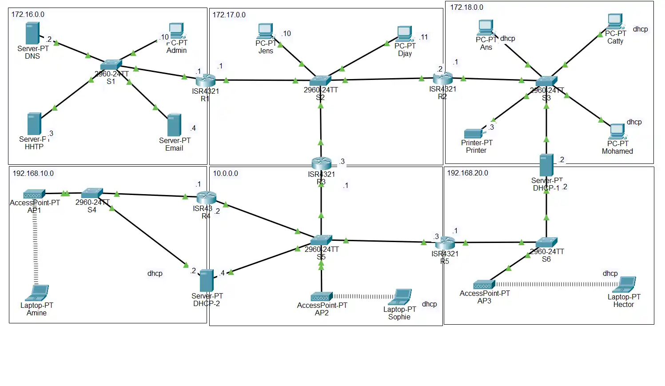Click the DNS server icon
[x=32, y=33]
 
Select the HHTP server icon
[x=34, y=124]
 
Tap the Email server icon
[x=174, y=125]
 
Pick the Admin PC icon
[x=176, y=31]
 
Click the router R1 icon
[x=205, y=80]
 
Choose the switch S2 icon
[x=320, y=80]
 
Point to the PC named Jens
[x=265, y=31]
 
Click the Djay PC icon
[x=404, y=34]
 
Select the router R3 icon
[x=321, y=163]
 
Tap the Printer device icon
[x=474, y=133]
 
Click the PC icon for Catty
[x=615, y=21]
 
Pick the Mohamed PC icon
[x=617, y=131]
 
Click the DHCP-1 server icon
[x=546, y=165]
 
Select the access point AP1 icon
[x=34, y=194]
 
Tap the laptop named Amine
[x=37, y=293]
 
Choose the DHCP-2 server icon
[x=207, y=280]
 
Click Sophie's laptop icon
[x=402, y=297]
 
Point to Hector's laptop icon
[x=626, y=284]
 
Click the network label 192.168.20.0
[x=467, y=173]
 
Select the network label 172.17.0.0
[x=229, y=15]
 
